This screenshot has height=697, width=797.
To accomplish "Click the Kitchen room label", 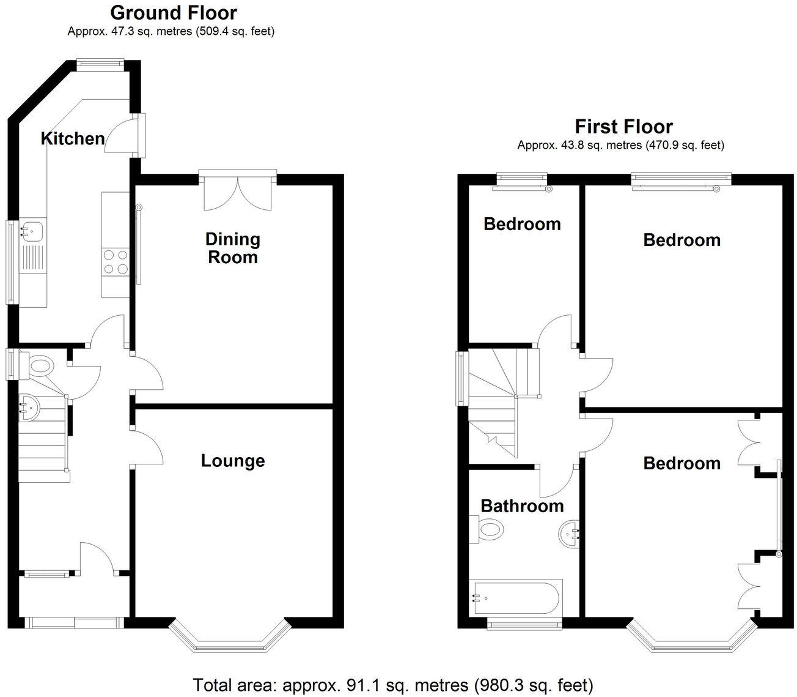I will pos(73,139).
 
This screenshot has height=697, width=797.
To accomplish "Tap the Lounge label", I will pos(233,461).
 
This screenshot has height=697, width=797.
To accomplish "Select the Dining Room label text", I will pos(233,248).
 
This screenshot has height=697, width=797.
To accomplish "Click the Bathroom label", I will pos(522,506).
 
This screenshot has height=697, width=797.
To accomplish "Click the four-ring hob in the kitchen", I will pos(116,262).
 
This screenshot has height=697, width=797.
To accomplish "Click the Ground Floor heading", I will pos(174,12).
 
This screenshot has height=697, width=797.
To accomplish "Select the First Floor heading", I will pos(623,127).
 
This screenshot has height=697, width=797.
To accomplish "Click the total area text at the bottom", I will pos(393,684).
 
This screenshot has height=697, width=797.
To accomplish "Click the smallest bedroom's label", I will pos(522,224).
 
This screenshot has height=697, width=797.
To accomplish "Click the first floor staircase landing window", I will pos(461,378).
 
